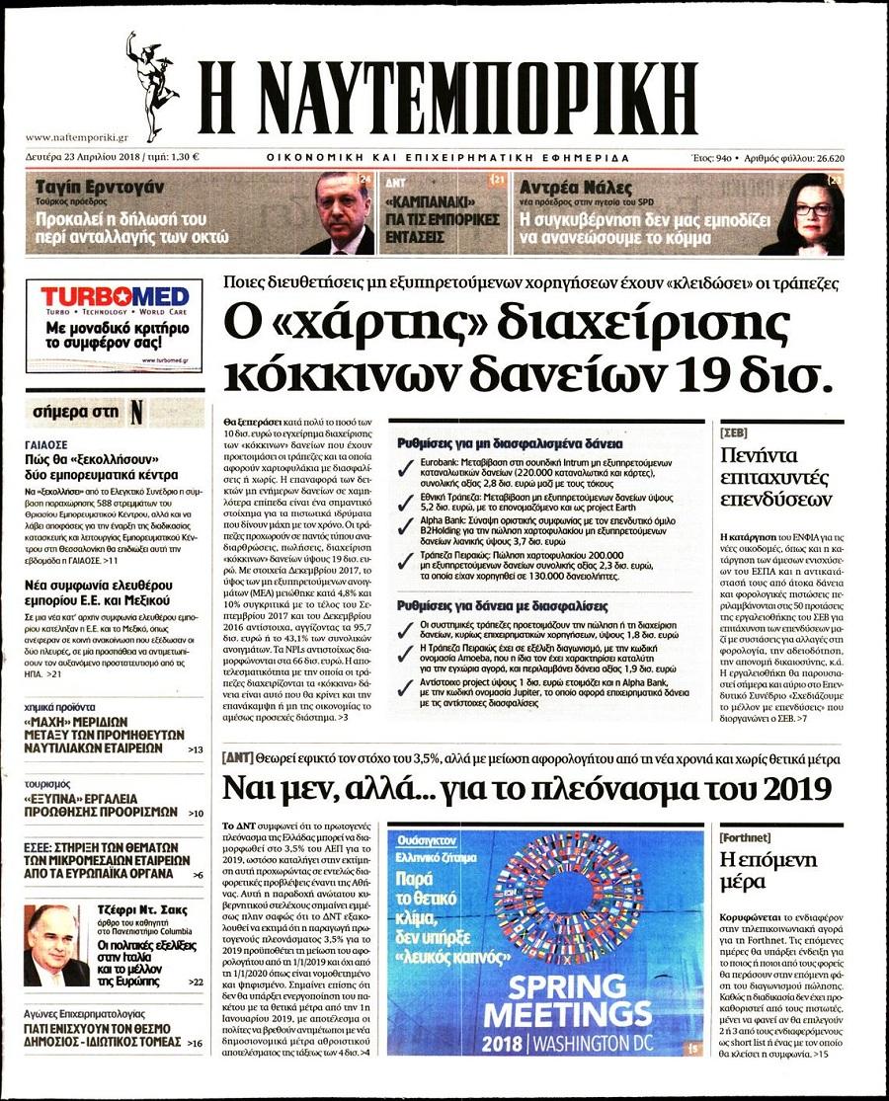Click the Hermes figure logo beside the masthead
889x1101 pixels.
[149, 84]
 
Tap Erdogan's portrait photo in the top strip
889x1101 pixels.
[341, 212]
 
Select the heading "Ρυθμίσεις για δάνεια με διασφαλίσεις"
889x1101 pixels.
[503, 605]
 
